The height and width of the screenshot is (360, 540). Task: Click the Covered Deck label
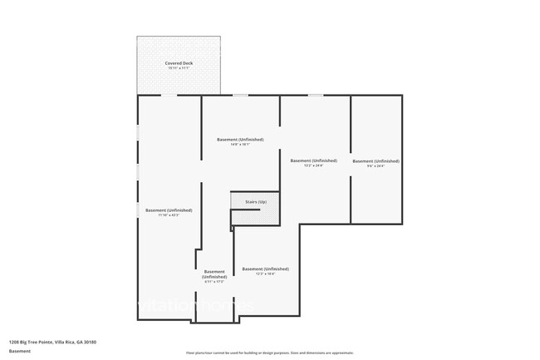178,63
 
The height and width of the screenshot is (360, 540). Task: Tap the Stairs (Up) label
255,202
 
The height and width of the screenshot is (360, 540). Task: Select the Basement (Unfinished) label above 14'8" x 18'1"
239,139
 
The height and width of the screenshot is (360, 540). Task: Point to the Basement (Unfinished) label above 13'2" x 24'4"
313,160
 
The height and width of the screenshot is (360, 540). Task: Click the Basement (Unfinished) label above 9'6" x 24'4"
376,160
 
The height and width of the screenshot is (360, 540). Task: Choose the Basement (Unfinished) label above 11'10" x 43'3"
169,210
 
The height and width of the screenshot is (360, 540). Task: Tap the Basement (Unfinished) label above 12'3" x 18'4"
265,269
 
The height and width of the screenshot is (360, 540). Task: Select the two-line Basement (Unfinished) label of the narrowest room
214,274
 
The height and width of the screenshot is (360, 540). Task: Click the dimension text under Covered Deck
178,69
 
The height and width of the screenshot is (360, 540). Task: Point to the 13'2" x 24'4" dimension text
313,166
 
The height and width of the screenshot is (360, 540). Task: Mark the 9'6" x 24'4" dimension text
376,166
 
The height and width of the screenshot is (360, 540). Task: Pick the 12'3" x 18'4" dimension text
265,274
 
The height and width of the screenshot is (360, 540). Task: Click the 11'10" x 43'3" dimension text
169,216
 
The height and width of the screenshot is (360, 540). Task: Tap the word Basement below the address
20,351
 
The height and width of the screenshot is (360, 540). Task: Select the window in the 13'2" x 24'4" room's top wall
316,96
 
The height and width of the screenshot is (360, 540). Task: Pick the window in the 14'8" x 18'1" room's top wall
240,96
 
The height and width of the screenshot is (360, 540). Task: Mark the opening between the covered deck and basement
169,96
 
